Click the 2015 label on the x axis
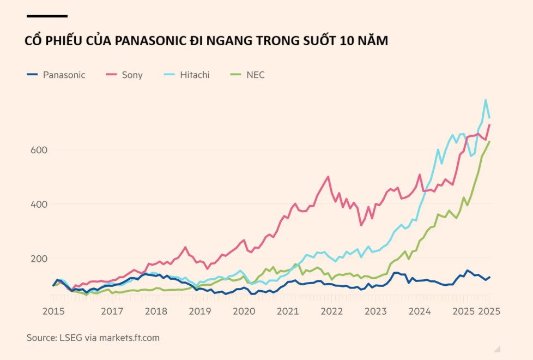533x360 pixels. pos(53,311)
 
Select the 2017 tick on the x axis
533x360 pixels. pos(112,311)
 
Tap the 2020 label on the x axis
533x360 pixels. pos(244,311)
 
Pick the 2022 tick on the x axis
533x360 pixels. pos(332,311)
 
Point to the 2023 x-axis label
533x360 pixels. pos(375,311)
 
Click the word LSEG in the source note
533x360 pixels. pos(71,338)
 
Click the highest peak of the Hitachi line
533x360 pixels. pos(485,100)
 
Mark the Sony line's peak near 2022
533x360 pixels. pos(328,176)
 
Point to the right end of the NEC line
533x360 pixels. pos(489,142)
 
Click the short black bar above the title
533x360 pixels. pos(47,16)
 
